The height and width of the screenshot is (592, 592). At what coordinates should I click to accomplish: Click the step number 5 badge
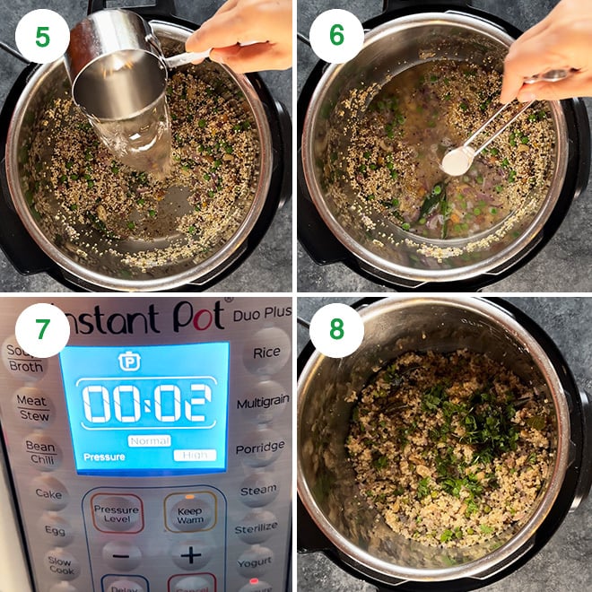coord(42,36)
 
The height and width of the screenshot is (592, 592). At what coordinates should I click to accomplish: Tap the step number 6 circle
coord(337,36)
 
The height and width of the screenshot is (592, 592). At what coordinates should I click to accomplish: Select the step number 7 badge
coord(42,331)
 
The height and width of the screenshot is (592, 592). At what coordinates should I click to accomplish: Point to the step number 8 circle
coord(337,331)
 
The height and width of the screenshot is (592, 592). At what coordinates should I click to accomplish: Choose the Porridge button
coord(260,448)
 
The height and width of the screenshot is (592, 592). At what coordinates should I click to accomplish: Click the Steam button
coord(258,491)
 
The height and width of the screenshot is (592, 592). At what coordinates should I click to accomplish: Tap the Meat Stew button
coord(32,408)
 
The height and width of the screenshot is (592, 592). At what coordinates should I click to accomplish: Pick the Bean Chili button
coord(39,453)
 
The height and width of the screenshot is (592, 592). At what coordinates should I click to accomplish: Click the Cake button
coord(48,493)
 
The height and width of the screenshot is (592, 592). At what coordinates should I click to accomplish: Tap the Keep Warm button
coord(190,513)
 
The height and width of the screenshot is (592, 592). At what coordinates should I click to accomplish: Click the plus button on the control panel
coord(190,555)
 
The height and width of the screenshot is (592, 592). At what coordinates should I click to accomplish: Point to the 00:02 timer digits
coord(146,404)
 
